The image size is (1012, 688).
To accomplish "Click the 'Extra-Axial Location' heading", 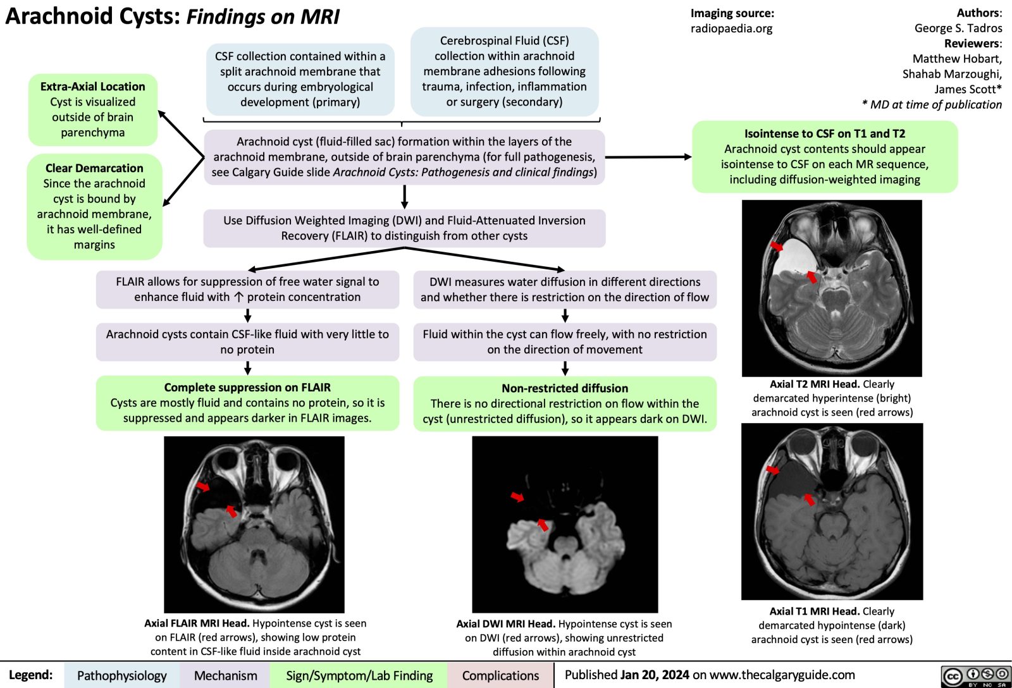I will pyautogui.click(x=92, y=87).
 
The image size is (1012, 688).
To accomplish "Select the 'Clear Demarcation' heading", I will pyautogui.click(x=94, y=168).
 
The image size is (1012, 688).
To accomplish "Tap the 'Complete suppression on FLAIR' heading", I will pyautogui.click(x=247, y=387).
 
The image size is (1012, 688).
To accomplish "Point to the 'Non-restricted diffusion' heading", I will pyautogui.click(x=565, y=388).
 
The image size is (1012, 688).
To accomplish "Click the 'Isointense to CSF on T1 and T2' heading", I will pyautogui.click(x=824, y=133).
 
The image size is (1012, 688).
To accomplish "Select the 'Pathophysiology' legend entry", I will pyautogui.click(x=121, y=675).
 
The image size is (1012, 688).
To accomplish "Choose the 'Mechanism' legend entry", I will pyautogui.click(x=225, y=675).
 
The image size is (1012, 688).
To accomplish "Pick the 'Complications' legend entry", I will pyautogui.click(x=500, y=675).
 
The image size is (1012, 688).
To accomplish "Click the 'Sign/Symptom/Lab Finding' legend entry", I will pyautogui.click(x=359, y=675).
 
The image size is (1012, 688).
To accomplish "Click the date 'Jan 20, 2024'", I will pyautogui.click(x=654, y=675).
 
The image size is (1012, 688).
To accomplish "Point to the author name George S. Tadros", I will pyautogui.click(x=958, y=28).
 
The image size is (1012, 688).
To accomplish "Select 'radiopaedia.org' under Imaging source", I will pyautogui.click(x=731, y=28).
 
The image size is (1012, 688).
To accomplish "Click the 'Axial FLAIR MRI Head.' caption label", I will pyautogui.click(x=197, y=623).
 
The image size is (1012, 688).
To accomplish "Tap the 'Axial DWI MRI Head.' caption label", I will pyautogui.click(x=505, y=624).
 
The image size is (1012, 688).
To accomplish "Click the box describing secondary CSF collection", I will pyautogui.click(x=504, y=71).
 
